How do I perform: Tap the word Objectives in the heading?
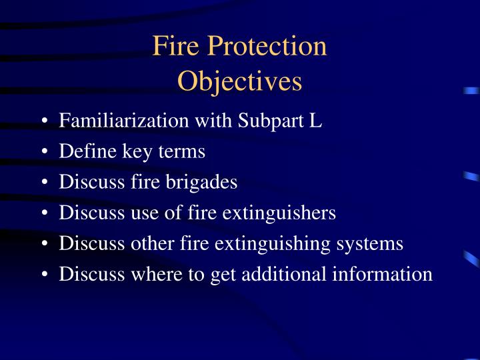pos(240,81)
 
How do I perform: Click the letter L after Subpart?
pos(316,121)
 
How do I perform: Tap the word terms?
pos(181,152)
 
